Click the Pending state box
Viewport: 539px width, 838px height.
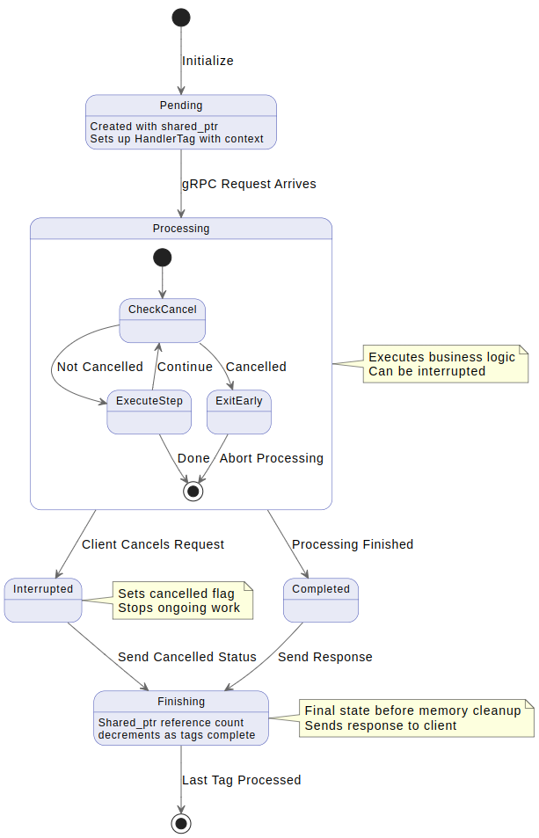point(181,122)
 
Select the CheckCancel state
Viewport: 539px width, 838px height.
point(162,320)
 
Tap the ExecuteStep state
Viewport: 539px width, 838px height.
point(149,412)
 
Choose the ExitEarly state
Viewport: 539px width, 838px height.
point(239,412)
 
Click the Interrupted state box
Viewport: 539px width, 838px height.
point(43,600)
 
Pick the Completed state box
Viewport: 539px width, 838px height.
point(320,600)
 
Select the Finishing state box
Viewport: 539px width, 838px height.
point(181,718)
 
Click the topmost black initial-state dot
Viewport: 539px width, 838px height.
point(181,17)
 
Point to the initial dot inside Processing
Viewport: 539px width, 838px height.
point(162,258)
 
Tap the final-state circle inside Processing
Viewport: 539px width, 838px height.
point(193,492)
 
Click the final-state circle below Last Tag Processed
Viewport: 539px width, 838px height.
point(181,823)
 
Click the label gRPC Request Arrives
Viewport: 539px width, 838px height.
point(249,184)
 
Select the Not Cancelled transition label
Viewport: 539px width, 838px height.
point(99,367)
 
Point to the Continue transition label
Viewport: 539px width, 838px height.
point(185,367)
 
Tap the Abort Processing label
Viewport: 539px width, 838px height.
point(271,458)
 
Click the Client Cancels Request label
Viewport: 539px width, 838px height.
point(153,544)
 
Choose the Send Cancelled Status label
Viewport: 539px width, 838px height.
point(187,657)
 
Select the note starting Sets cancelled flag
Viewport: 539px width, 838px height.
point(182,601)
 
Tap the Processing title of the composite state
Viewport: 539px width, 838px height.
point(181,229)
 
